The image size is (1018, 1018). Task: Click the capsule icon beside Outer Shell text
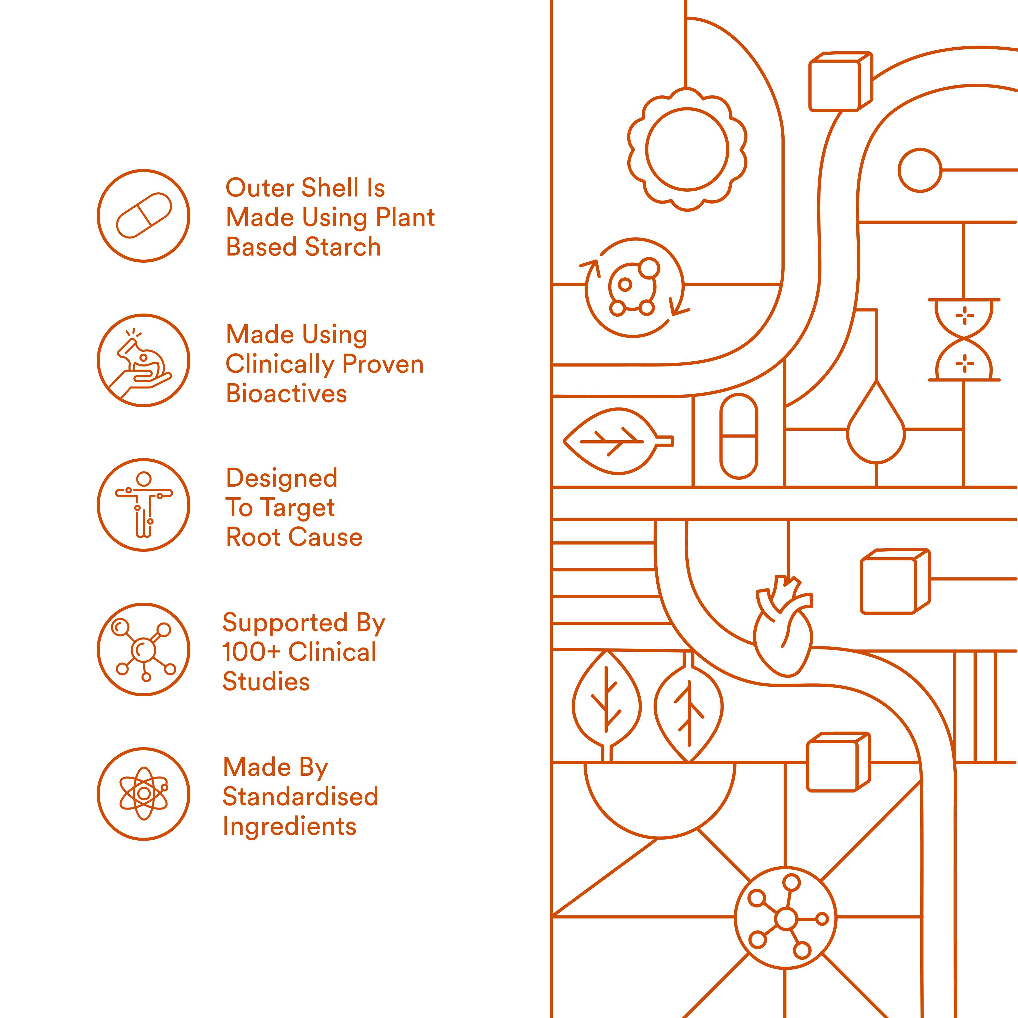click(143, 216)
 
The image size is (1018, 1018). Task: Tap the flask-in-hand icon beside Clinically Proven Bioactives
click(143, 360)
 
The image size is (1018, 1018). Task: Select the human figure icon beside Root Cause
click(143, 505)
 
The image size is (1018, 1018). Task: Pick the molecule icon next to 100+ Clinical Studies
click(143, 649)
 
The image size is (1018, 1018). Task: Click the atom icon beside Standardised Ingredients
click(143, 794)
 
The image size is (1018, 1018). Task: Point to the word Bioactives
click(287, 393)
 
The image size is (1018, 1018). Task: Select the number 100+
click(251, 652)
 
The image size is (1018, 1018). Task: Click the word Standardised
click(300, 796)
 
